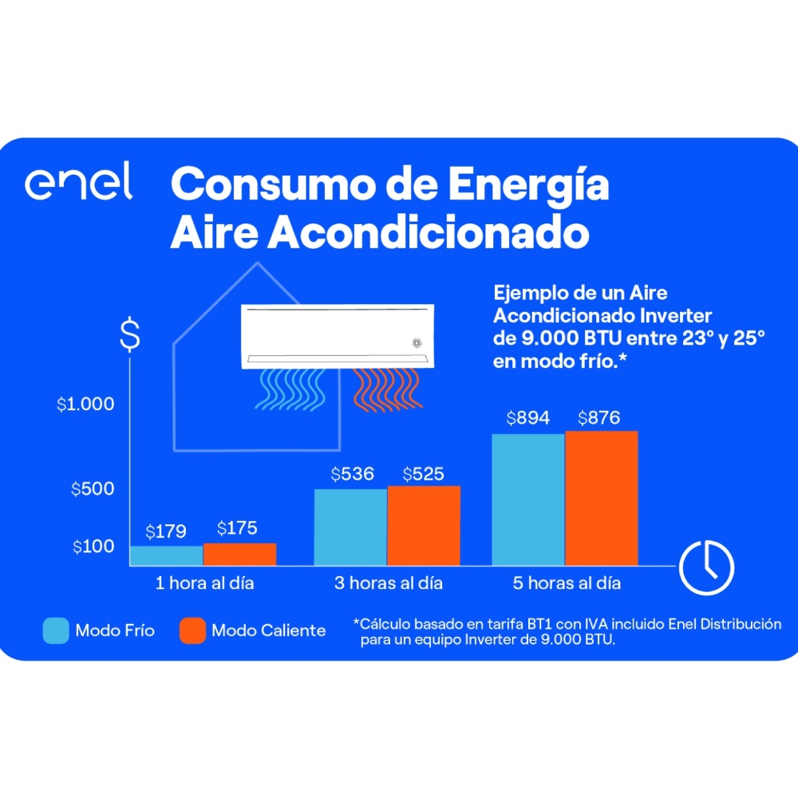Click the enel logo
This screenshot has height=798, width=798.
coord(78,184)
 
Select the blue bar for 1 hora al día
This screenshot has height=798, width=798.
coord(166,555)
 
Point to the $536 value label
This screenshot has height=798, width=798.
coord(352,474)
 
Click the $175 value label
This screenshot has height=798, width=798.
coord(237,528)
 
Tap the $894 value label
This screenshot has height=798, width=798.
coord(527,418)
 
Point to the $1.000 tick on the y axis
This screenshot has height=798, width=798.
coord(85,405)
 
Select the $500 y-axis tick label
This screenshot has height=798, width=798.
coord(93,489)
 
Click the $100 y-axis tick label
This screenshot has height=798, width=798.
coord(93,547)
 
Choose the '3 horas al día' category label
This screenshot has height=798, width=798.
coord(388,583)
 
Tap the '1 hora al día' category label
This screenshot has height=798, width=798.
coord(204,583)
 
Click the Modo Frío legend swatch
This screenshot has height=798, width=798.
coord(56,630)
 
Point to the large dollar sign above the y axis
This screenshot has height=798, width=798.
coord(129,336)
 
